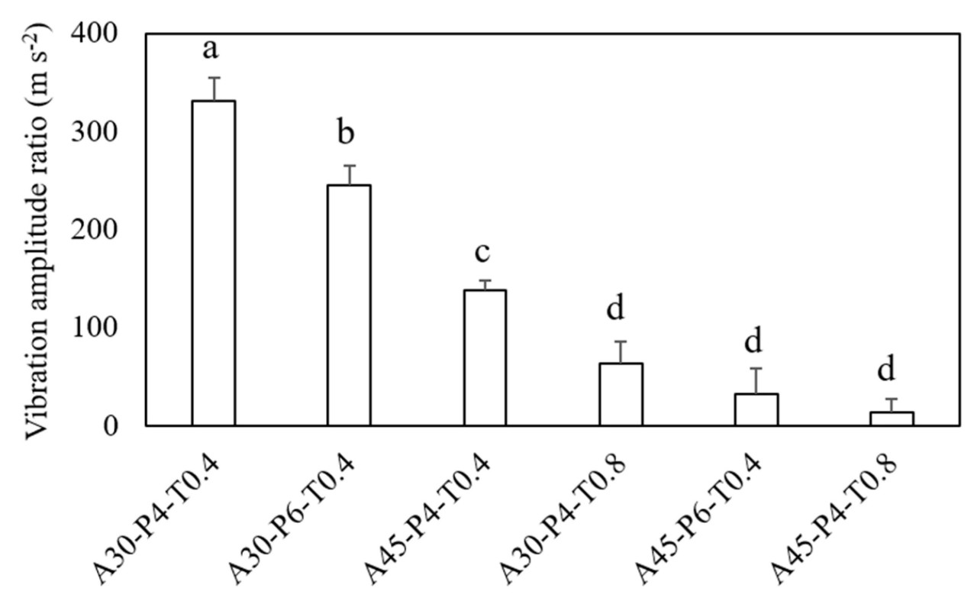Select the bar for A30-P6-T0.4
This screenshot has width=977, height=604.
(x=349, y=305)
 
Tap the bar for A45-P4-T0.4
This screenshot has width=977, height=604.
(x=485, y=357)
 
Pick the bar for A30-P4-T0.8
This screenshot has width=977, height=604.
(x=621, y=394)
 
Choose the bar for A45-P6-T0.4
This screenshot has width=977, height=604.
(x=756, y=409)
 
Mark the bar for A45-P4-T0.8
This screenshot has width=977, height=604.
(x=892, y=418)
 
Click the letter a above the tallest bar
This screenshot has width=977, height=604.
(x=212, y=51)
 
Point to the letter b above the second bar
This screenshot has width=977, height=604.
(x=347, y=134)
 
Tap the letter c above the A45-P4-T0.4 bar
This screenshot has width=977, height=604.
(x=482, y=252)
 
